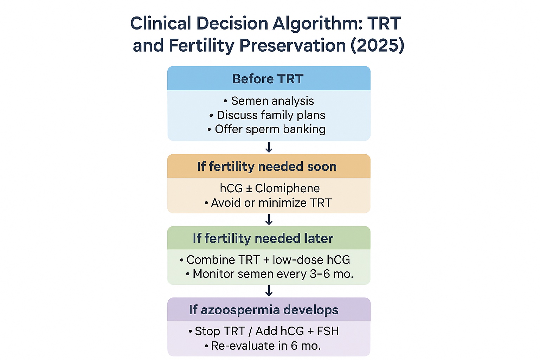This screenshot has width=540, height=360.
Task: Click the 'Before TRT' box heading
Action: (268, 79)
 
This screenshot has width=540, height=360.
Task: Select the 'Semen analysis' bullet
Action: (272, 101)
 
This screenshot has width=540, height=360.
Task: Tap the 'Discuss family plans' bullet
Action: (271, 115)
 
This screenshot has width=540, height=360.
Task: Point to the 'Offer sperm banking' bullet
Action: (270, 129)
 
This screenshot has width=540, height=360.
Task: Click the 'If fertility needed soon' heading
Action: (267, 166)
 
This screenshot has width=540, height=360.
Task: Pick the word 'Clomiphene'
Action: (287, 188)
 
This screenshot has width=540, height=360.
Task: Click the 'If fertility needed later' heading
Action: (263, 238)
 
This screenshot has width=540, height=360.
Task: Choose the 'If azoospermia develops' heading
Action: (264, 310)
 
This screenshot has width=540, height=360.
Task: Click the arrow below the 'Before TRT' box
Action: (269, 147)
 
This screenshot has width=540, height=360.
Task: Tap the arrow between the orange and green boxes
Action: (269, 220)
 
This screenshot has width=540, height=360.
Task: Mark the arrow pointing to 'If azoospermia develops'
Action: (269, 291)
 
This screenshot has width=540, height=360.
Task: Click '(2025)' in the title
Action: (377, 46)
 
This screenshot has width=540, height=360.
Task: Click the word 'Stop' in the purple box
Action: (205, 331)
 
